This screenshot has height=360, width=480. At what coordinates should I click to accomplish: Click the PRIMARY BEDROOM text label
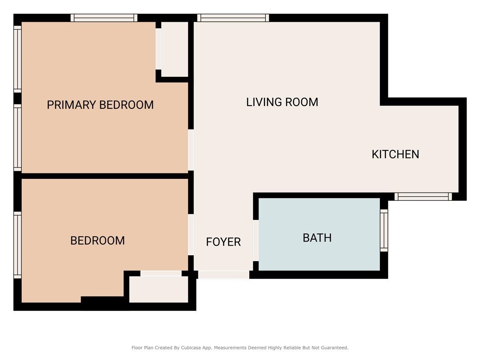pos(100,105)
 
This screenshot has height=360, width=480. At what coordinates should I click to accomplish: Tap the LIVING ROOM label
pos(282,102)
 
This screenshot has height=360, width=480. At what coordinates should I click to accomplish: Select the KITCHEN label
pos(395,154)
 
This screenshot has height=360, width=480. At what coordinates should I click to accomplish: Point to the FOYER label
pos(223,242)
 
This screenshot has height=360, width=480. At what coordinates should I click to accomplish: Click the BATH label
pos(317,238)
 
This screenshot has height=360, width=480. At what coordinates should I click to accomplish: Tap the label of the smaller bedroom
pos(97,241)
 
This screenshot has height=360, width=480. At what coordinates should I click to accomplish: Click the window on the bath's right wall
pos(384,230)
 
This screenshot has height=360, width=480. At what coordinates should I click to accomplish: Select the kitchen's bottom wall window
pos(423,196)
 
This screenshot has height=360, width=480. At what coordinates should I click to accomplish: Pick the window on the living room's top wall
pos(233,18)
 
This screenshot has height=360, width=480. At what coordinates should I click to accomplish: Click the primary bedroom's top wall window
pos(104,18)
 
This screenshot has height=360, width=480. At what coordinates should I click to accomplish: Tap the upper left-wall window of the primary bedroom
pos(17,59)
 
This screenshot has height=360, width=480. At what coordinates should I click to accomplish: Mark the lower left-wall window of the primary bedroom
pos(17,138)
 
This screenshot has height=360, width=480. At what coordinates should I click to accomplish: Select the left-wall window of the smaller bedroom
pos(17,245)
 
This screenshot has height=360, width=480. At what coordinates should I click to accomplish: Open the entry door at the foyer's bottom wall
pos(224,274)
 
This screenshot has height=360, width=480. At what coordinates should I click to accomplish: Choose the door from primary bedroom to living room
pos(191,150)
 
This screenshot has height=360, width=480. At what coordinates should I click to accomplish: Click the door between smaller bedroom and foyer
pos(191,234)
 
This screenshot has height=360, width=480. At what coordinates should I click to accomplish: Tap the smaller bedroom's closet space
pos(158,289)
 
